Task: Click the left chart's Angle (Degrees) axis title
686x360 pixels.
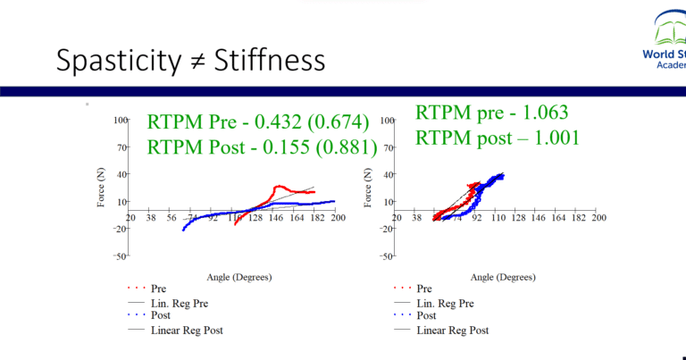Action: coord(235,277)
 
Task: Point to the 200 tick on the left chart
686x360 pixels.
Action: coord(337,218)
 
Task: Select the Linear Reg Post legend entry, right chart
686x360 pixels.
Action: coord(454,330)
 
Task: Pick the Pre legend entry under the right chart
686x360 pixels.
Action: coord(424,289)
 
